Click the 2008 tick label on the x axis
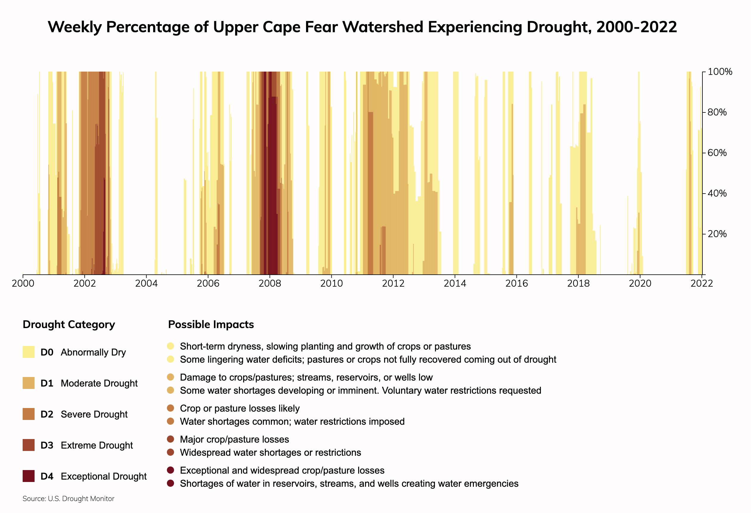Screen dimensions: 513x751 click(269, 284)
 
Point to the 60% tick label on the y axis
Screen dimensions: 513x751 click(717, 153)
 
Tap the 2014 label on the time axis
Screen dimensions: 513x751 click(455, 284)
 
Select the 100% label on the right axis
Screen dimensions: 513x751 click(720, 72)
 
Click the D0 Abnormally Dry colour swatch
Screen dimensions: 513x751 click(28, 352)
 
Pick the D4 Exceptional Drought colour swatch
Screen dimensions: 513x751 click(28, 476)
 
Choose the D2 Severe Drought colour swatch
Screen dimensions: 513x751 click(28, 414)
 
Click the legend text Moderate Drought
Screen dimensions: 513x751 click(99, 383)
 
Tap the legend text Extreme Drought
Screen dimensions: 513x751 click(97, 445)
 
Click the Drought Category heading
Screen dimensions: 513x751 click(69, 325)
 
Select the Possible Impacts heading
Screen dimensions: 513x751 click(211, 325)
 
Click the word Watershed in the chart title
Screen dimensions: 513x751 click(383, 27)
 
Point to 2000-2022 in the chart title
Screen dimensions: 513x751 click(637, 27)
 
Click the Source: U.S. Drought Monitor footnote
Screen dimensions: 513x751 click(69, 499)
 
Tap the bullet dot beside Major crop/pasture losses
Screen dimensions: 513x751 click(171, 439)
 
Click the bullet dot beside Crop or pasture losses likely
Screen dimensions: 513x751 click(171, 408)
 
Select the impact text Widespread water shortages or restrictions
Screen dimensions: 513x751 click(271, 452)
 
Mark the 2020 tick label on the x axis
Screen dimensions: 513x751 click(640, 284)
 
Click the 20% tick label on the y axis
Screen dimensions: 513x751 click(717, 234)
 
